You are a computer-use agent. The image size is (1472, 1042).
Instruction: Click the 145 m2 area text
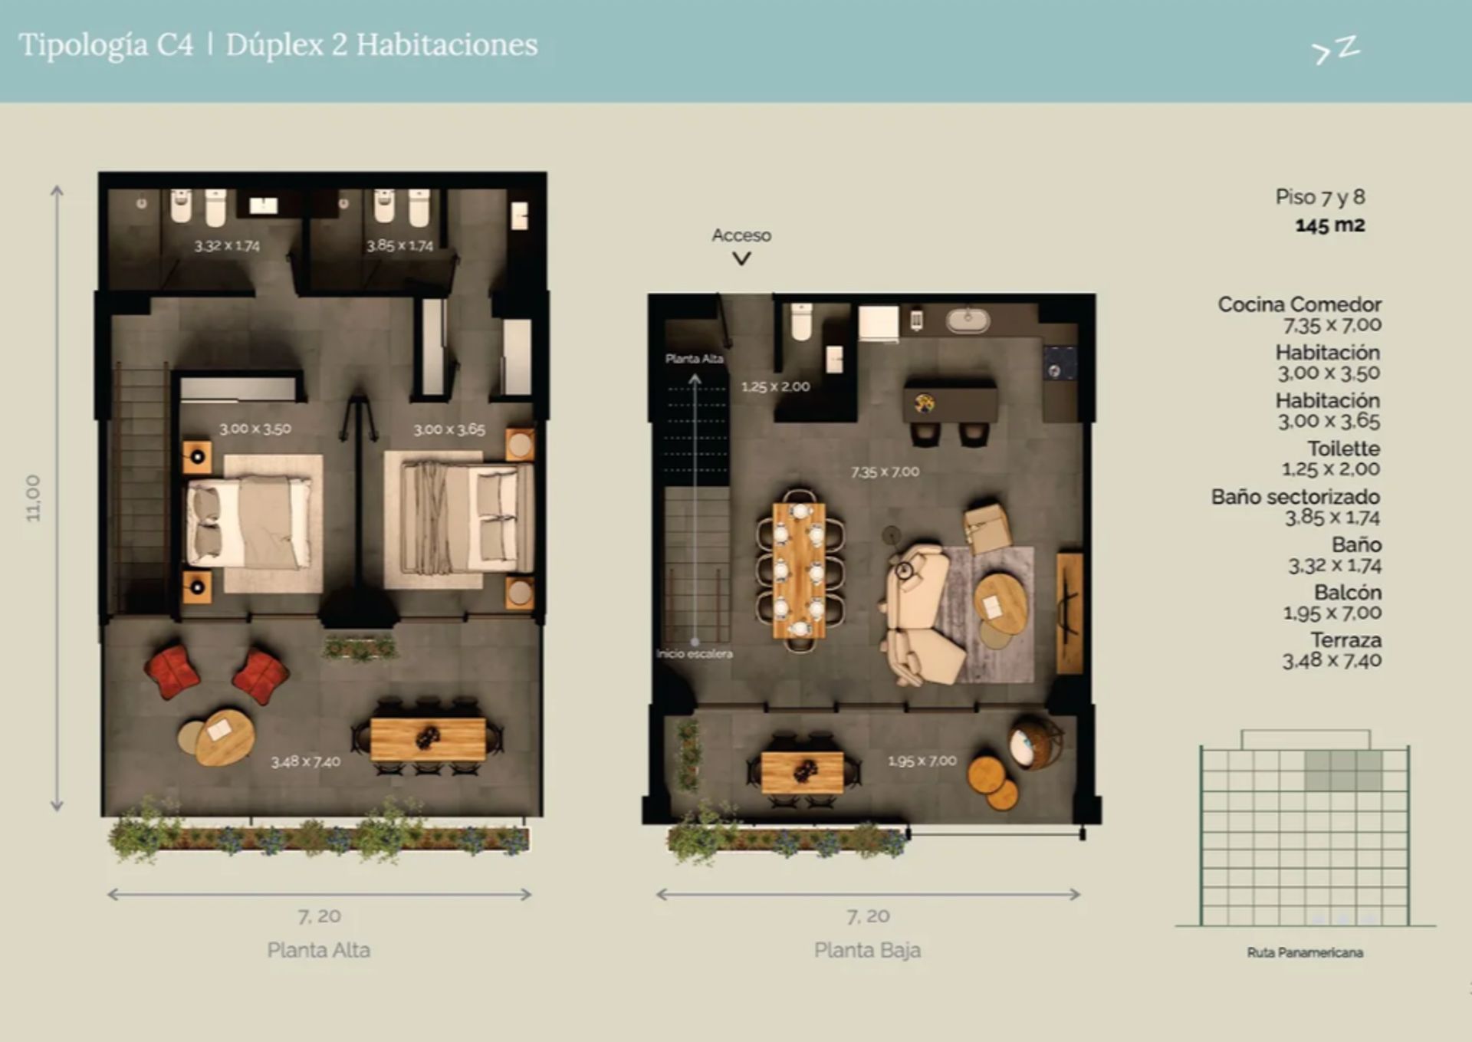[1330, 225]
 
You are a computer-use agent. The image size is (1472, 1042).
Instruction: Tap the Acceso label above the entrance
[741, 235]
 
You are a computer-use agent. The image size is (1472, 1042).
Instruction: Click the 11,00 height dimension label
[33, 498]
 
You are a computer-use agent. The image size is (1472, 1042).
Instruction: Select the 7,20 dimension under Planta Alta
[319, 916]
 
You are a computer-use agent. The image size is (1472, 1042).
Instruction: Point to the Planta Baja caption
[868, 950]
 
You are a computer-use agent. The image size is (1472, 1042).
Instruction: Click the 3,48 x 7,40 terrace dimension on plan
[305, 762]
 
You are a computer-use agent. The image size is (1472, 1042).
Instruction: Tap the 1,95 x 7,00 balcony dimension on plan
[922, 761]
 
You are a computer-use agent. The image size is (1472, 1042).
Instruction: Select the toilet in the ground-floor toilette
[801, 322]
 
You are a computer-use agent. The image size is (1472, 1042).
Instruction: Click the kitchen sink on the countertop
[968, 320]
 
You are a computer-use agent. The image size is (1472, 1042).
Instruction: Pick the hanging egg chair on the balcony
[1034, 741]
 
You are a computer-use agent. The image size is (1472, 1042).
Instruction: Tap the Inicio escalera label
[695, 654]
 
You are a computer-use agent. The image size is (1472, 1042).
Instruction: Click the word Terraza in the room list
[1345, 639]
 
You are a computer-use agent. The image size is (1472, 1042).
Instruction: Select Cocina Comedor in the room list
[1299, 304]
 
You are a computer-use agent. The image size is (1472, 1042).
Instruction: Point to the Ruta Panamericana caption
[1305, 952]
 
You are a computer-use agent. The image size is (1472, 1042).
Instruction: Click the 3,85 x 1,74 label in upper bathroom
[399, 245]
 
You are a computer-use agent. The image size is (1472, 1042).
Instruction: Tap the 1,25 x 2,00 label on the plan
[775, 386]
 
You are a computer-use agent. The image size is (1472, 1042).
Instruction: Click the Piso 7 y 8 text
[1320, 197]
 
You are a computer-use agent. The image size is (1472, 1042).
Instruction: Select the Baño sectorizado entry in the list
[1296, 497]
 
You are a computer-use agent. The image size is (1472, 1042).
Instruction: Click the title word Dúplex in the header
[274, 45]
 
